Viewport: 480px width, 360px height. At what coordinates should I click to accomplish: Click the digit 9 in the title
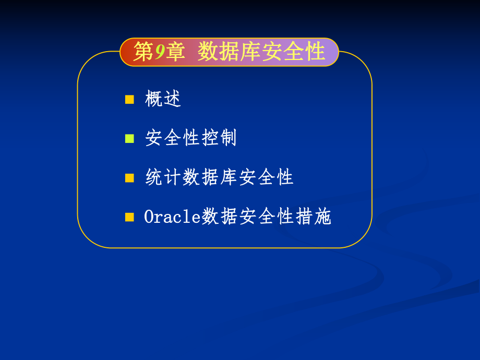coord(160,53)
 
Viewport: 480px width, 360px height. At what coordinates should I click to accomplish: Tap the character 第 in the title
coord(143,53)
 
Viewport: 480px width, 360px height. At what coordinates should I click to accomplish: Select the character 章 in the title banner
coord(176,53)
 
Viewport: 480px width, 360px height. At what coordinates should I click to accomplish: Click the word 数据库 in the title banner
coord(229,53)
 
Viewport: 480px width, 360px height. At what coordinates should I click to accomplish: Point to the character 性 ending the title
coord(315,53)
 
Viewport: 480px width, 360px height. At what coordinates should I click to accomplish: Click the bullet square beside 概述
coord(129,99)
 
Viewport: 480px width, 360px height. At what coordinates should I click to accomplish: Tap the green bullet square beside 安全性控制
coord(129,138)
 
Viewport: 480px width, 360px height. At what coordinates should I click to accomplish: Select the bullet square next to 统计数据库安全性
coord(129,178)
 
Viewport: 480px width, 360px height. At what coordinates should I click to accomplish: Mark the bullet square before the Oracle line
coord(129,217)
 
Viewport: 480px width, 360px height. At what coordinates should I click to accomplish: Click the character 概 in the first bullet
coord(154,99)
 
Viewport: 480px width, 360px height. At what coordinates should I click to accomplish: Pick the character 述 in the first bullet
coord(172,99)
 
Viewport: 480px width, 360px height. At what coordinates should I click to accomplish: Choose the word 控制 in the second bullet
coord(219,138)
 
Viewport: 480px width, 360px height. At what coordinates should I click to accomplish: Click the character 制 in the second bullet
coord(228,138)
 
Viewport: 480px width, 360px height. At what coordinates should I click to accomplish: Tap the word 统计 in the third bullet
coord(163,178)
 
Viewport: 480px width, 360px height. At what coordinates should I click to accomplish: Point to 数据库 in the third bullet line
coord(210,178)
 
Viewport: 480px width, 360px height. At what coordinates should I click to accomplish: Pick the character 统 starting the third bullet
coord(154,178)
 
